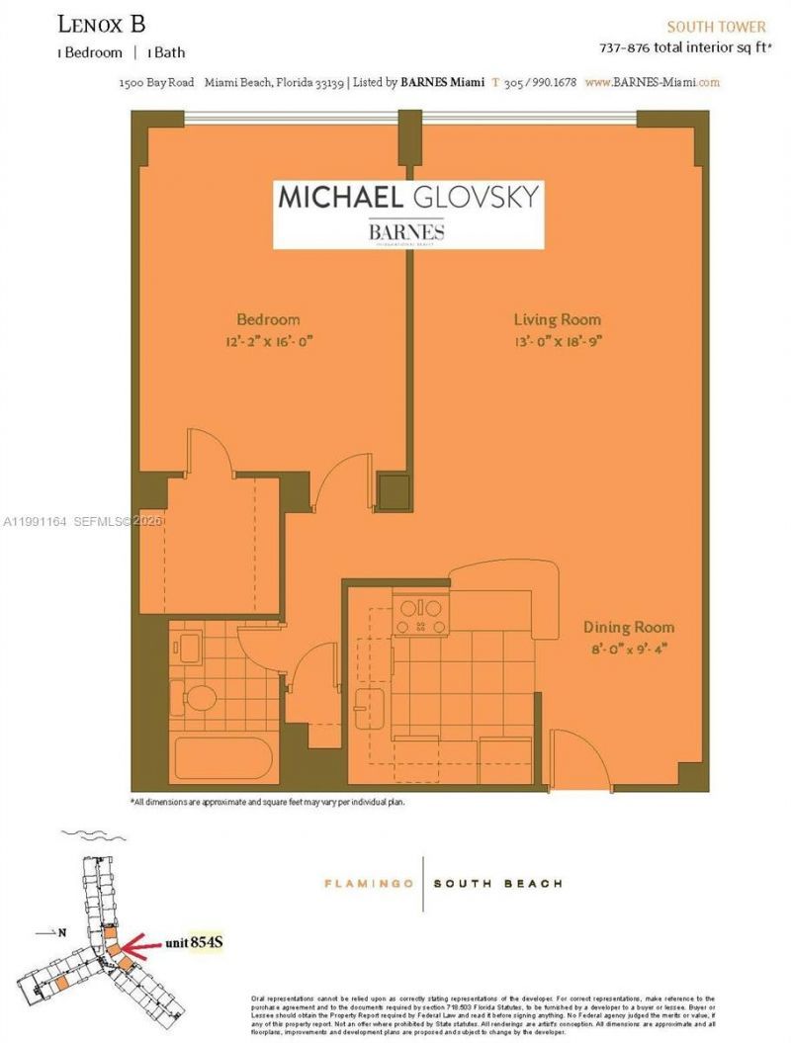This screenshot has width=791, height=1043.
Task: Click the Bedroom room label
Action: click(267, 319)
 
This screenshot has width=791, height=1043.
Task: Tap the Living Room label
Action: click(557, 319)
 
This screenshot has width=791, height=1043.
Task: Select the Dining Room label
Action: click(628, 627)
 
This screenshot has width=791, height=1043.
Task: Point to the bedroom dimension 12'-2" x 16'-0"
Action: click(267, 341)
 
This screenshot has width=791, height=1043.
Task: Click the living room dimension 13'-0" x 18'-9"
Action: click(557, 341)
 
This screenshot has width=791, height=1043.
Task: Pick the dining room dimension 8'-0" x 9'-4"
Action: click(628, 648)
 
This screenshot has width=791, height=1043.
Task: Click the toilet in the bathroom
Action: click(202, 698)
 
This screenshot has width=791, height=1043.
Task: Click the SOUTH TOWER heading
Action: click(716, 27)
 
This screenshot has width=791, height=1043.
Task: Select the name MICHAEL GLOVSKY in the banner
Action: click(408, 195)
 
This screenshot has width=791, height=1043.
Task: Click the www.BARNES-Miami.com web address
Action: click(652, 83)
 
